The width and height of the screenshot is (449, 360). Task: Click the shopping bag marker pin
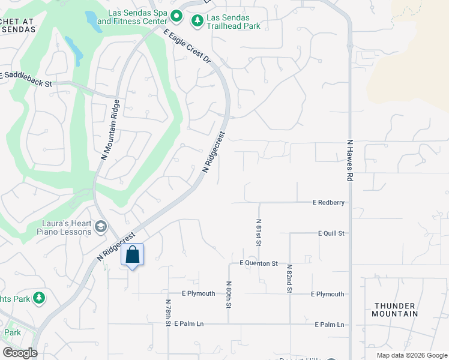[x=133, y=254]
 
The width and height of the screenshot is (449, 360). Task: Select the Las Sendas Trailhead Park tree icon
[x=197, y=22]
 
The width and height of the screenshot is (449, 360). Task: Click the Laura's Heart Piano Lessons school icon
[x=101, y=227]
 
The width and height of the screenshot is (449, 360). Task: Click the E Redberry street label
[x=328, y=203]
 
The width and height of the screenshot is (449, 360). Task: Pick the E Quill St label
[x=331, y=233]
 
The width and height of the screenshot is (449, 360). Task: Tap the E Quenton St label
[x=259, y=263]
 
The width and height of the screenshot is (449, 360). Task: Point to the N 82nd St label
[x=289, y=279]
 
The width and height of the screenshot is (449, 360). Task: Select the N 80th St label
[x=229, y=295]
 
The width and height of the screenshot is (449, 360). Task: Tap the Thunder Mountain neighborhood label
[x=394, y=310]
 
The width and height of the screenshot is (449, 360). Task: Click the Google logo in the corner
[x=20, y=353]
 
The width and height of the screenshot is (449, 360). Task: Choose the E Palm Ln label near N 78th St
[x=189, y=324]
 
